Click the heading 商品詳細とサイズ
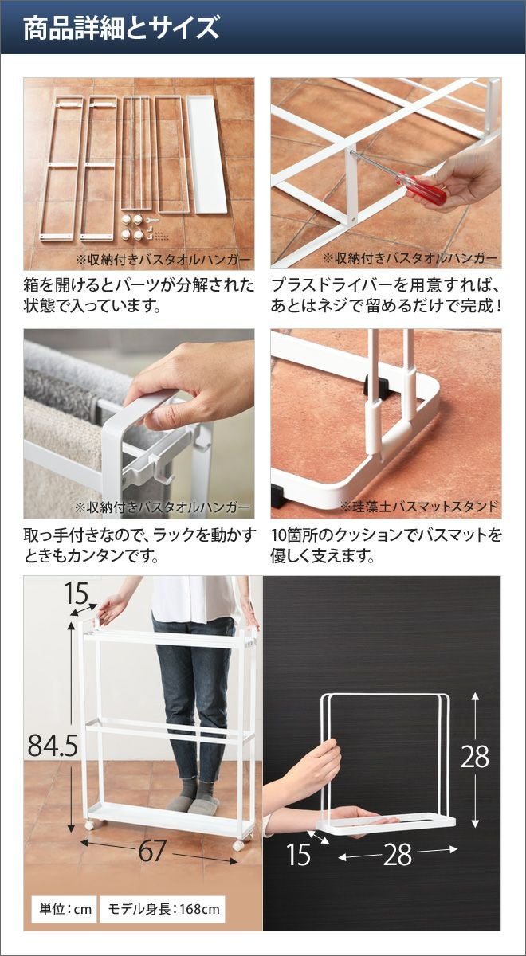point(121,28)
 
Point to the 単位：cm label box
point(65,909)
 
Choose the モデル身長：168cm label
point(163,909)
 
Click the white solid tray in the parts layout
point(206,155)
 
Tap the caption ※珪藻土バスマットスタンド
point(419,507)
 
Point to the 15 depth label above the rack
point(76,593)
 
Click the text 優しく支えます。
point(323,556)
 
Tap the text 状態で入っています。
point(92,306)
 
